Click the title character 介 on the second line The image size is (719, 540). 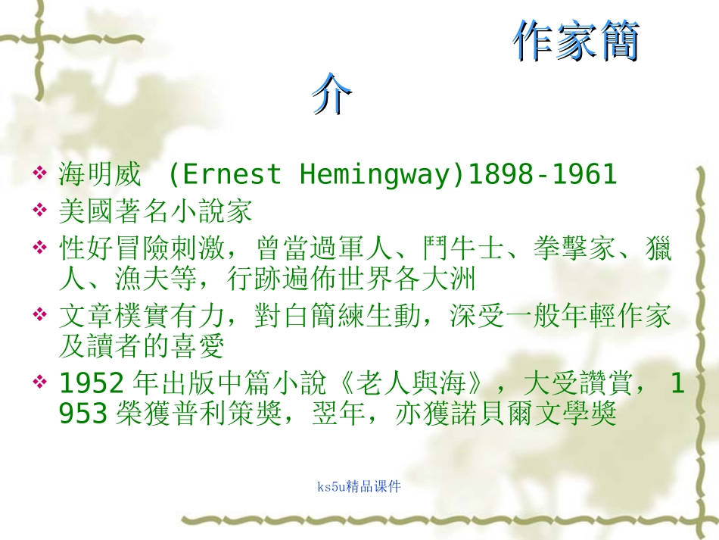click(x=332, y=94)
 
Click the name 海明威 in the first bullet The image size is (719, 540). click(x=99, y=175)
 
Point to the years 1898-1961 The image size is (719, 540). click(x=542, y=175)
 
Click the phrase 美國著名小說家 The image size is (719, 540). click(x=155, y=211)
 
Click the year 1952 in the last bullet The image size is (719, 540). click(x=91, y=385)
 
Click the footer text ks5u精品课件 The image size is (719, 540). click(x=359, y=486)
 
